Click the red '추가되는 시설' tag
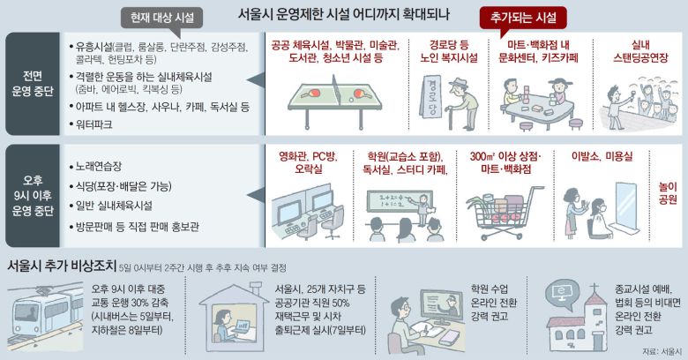pyautogui.click(x=523, y=18)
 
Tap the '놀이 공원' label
pyautogui.click(x=668, y=192)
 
